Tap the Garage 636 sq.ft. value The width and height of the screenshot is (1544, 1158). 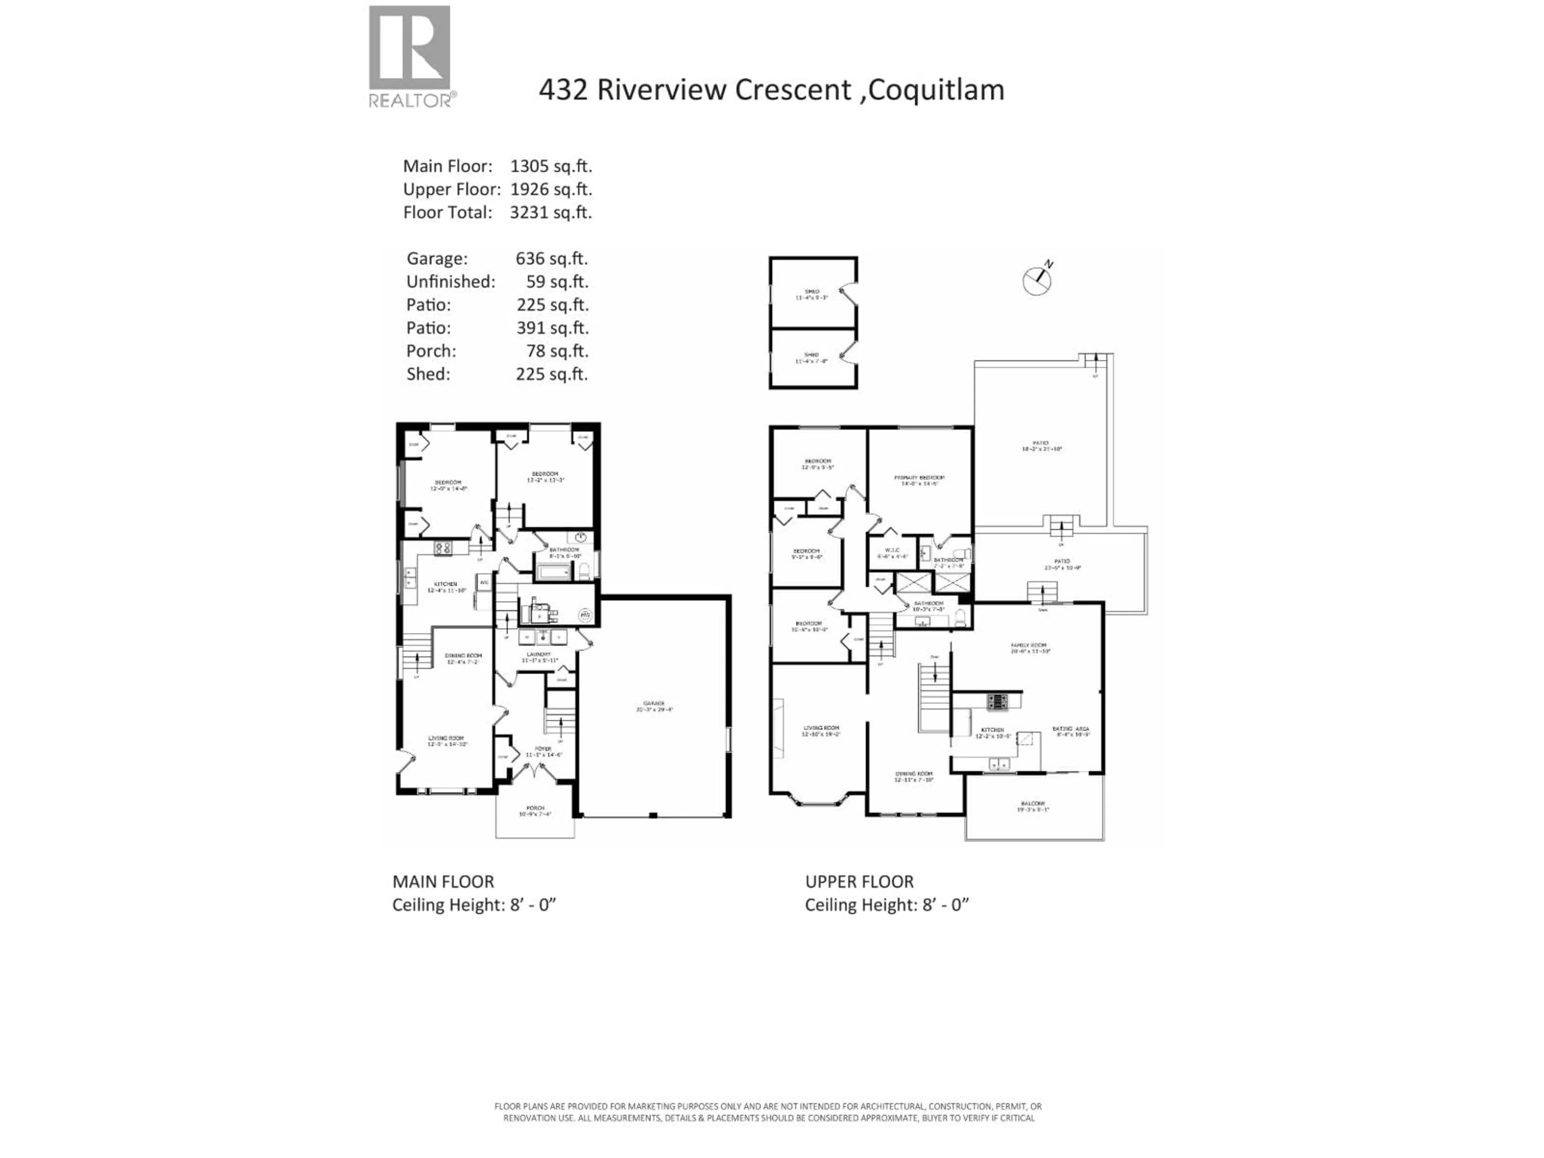(551, 258)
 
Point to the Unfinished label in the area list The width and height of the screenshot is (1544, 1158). (450, 281)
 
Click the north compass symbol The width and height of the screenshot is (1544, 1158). (1037, 279)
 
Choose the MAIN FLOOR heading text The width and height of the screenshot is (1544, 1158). (443, 882)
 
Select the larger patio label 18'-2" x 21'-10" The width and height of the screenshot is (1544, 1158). (1041, 446)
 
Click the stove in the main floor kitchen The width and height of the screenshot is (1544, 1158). (442, 548)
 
